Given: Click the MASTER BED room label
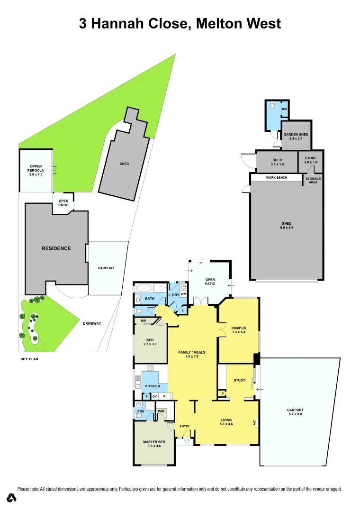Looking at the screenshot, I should pyautogui.click(x=154, y=442).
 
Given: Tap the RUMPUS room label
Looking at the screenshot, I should pyautogui.click(x=238, y=328).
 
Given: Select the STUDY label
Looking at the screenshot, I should pyautogui.click(x=240, y=380).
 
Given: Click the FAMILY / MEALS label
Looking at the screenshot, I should pyautogui.click(x=191, y=352).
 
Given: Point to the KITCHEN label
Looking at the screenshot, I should pyautogui.click(x=153, y=386).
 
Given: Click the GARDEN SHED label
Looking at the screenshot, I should pyautogui.click(x=296, y=135).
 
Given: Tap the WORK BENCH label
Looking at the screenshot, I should pyautogui.click(x=277, y=178).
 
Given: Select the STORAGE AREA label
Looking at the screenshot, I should pyautogui.click(x=313, y=181).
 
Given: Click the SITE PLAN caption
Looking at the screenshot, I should pyautogui.click(x=29, y=359).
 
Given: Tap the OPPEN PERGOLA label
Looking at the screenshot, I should pyautogui.click(x=36, y=168).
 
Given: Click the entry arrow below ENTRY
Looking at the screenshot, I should pyautogui.click(x=186, y=441).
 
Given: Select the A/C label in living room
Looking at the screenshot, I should pyautogui.click(x=255, y=421).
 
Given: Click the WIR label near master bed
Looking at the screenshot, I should pyautogui.click(x=161, y=411).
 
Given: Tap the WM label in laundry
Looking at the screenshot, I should pyautogui.click(x=183, y=294).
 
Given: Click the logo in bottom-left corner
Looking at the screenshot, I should pyautogui.click(x=12, y=497).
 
